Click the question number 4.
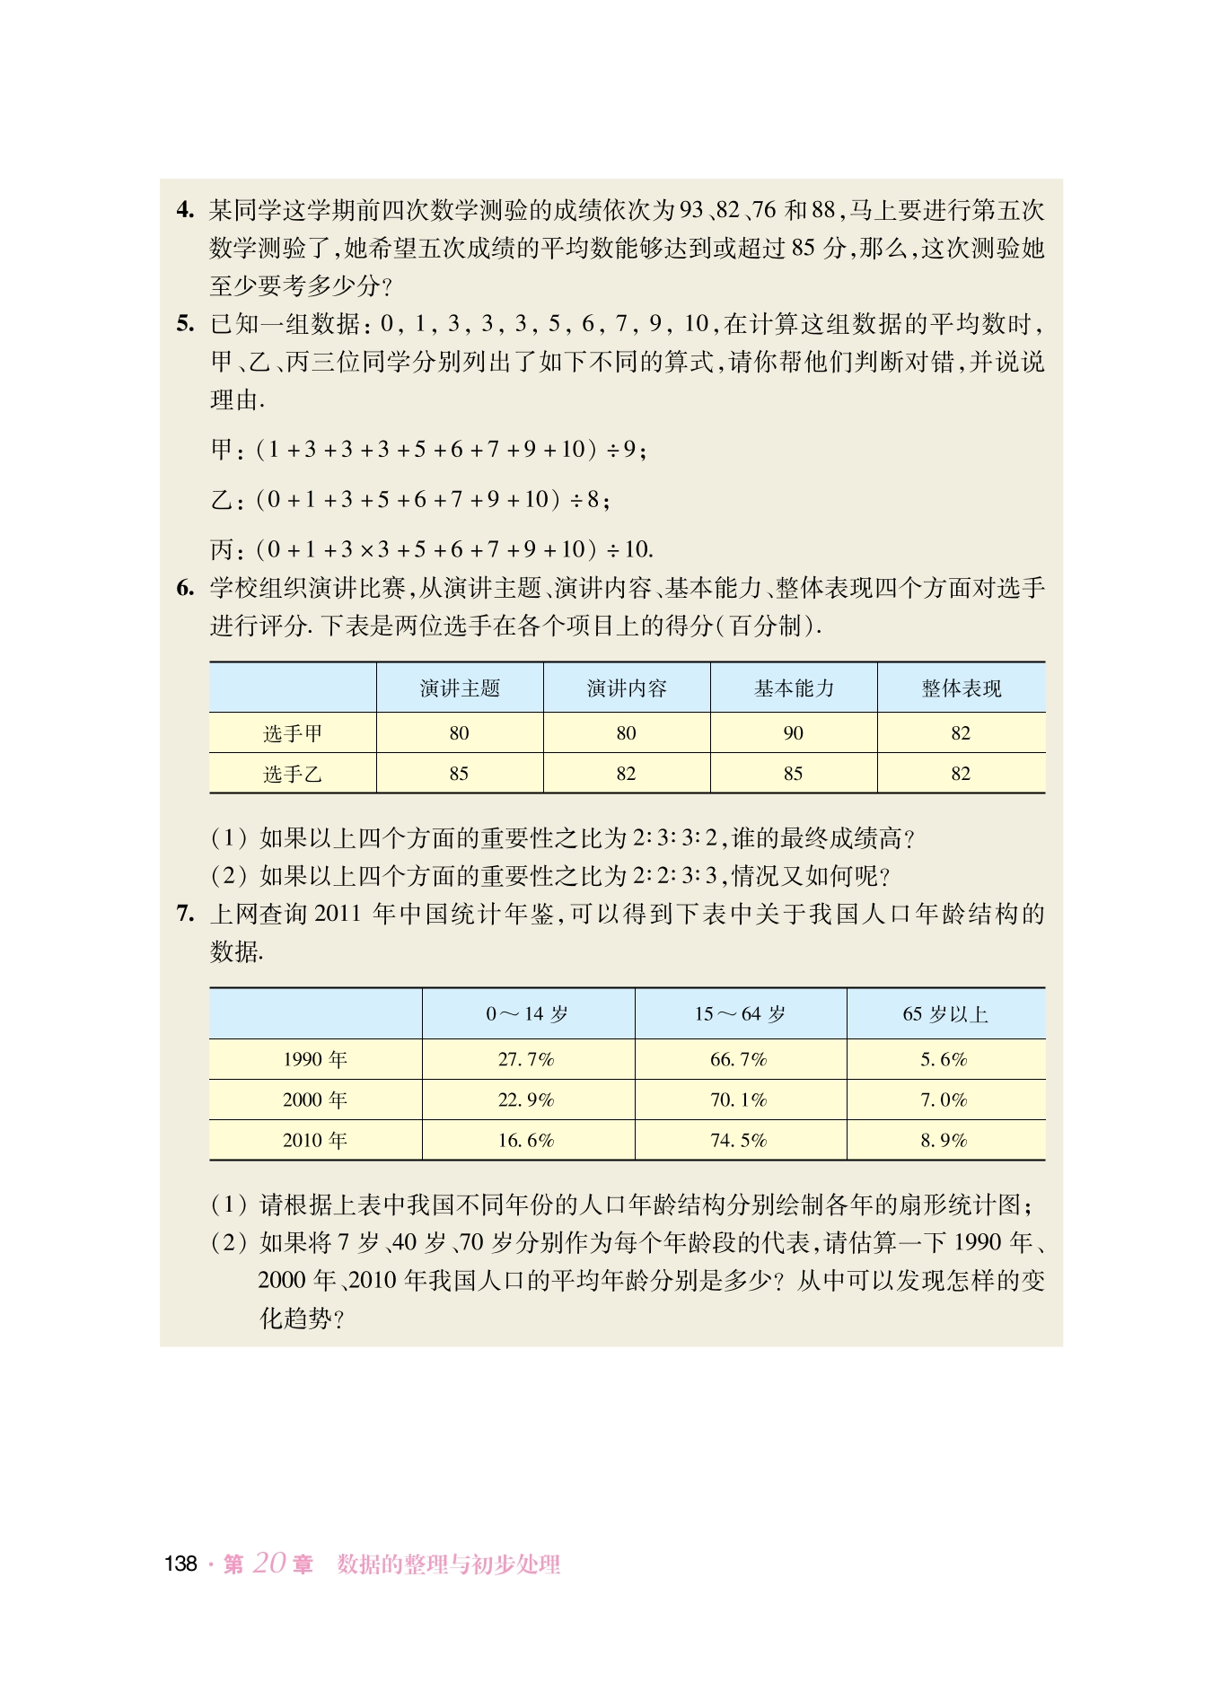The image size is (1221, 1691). [x=185, y=210]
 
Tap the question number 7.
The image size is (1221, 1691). [x=185, y=914]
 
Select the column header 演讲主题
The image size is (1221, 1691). [x=460, y=688]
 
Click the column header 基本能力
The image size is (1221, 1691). [x=794, y=688]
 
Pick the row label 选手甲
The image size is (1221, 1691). [x=293, y=733]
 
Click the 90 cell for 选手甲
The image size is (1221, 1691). [x=793, y=733]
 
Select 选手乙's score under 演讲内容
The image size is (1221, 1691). [x=626, y=774]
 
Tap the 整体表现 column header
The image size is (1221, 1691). [x=961, y=688]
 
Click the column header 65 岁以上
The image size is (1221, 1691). [x=944, y=1014]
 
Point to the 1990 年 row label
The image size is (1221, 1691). [x=314, y=1059]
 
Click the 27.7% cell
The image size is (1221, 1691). [x=526, y=1059]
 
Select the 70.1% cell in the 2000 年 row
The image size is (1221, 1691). [x=738, y=1100]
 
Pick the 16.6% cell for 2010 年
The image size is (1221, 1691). [x=526, y=1140]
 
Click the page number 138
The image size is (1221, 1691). [x=180, y=1564]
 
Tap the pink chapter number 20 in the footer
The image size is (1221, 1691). [x=268, y=1563]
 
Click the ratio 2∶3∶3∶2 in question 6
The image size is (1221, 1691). [x=675, y=838]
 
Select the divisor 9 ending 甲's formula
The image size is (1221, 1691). [x=630, y=449]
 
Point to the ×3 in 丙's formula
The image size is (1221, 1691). [x=374, y=549]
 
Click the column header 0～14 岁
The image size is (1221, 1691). [x=527, y=1014]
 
